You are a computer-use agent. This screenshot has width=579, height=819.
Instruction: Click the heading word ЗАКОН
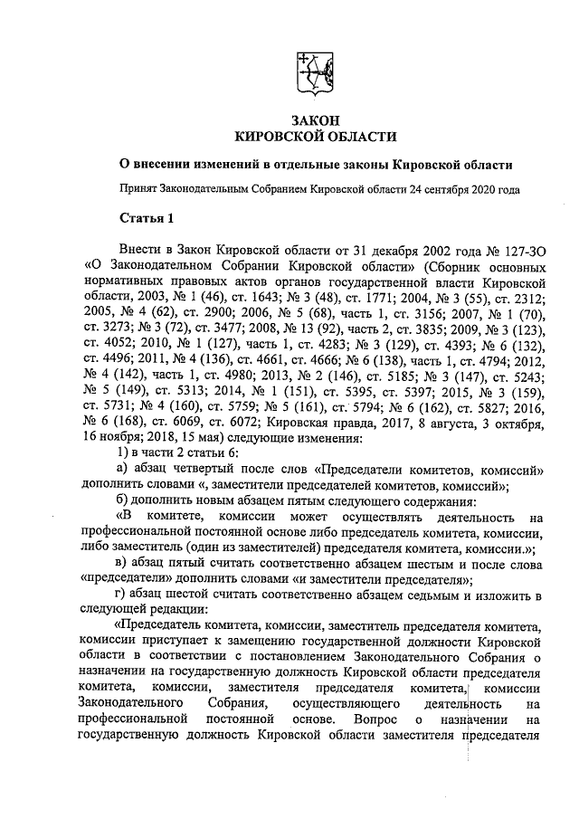point(316,119)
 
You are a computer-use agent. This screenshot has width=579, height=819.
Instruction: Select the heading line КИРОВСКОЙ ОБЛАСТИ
point(316,137)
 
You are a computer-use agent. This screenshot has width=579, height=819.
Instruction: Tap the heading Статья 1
point(147,217)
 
